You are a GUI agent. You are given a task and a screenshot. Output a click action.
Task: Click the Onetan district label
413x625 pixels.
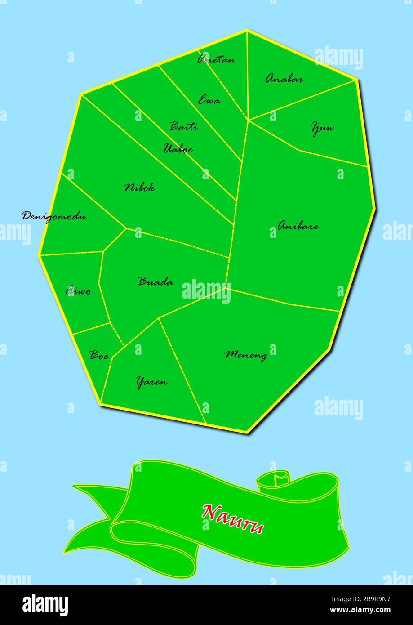pos(216,59)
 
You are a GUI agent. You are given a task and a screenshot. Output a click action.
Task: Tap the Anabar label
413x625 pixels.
pos(284,79)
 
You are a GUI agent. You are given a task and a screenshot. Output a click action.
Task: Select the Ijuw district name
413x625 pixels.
pos(323,128)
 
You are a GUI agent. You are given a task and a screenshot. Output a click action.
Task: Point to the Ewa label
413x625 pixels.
pos(209,100)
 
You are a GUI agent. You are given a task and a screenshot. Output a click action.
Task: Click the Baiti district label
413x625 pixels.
pos(183,126)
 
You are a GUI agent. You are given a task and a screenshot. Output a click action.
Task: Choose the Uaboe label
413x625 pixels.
pos(178,149)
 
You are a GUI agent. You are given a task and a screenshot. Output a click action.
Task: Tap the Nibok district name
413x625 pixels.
pos(139,187)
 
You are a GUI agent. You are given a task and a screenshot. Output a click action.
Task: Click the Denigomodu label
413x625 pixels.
pos(54,216)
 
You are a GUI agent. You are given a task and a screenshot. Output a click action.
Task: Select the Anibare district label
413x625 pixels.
pos(298,226)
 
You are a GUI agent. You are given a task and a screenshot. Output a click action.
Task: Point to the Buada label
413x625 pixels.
pos(155,282)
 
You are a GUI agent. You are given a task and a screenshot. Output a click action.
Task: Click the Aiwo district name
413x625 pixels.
pos(78,291)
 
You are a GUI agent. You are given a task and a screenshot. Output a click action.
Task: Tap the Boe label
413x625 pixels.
pos(99,355)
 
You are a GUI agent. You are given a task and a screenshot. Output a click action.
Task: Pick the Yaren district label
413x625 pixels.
pos(151,382)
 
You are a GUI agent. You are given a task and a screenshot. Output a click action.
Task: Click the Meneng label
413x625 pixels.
pos(245,355)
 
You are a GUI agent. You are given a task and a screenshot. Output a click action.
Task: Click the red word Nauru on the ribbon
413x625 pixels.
pos(233,518)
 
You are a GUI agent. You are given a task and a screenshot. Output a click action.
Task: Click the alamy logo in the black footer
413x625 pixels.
pos(45,605)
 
